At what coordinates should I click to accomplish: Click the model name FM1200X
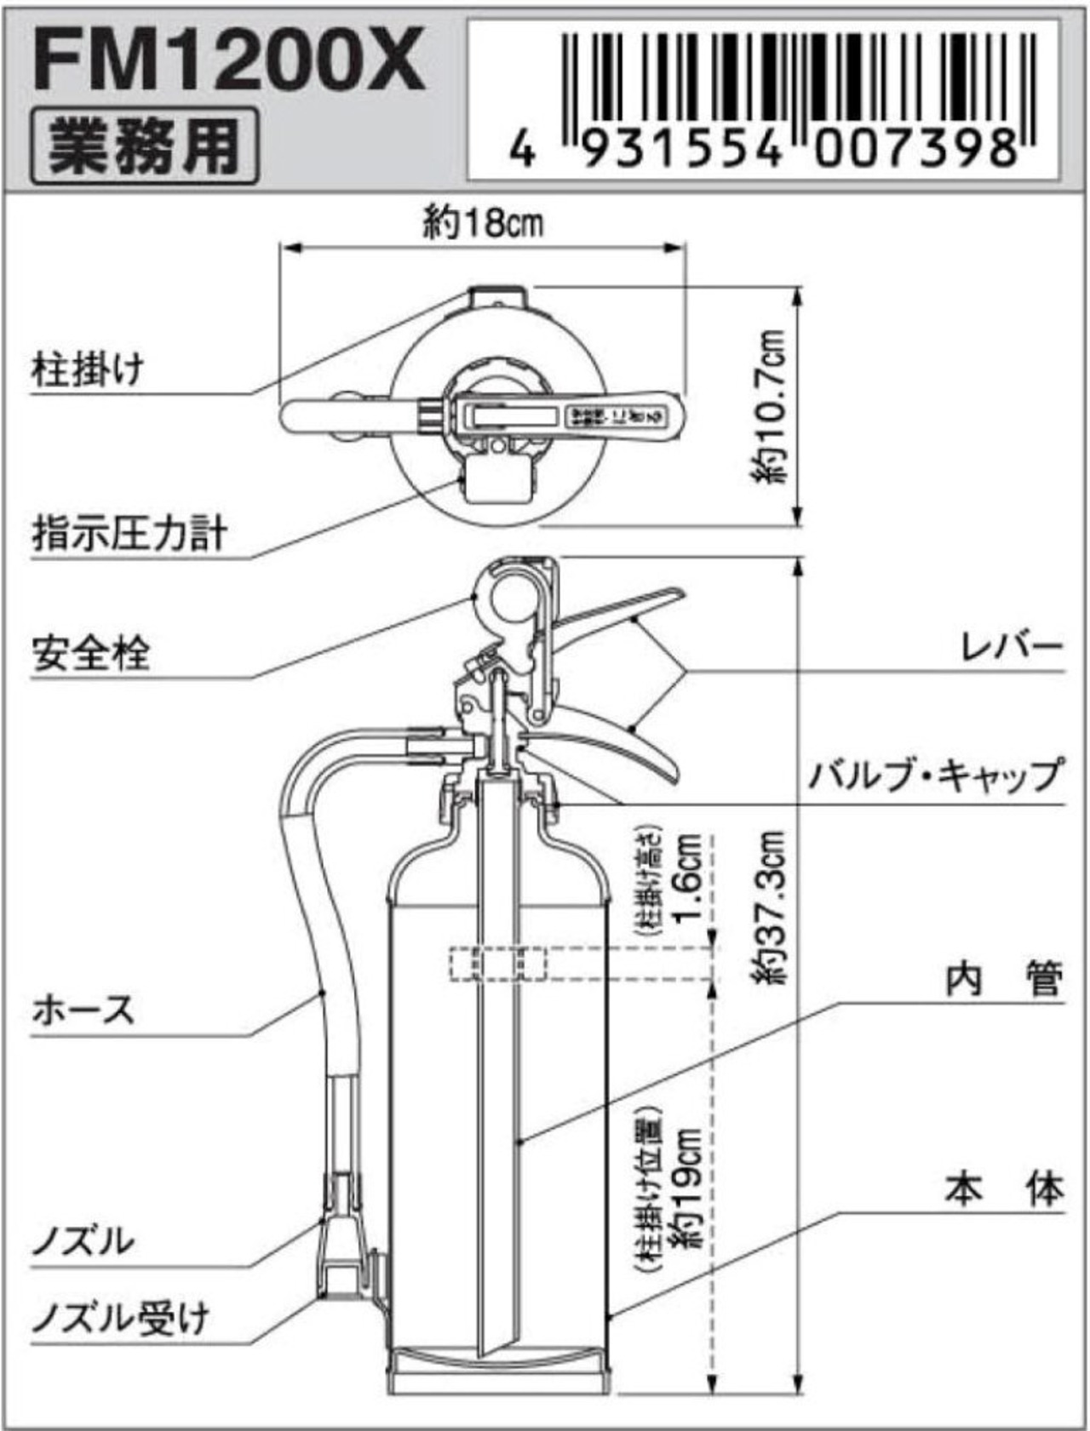[228, 60]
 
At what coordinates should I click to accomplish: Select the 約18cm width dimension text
[483, 223]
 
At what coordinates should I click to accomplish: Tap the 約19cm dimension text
[685, 1188]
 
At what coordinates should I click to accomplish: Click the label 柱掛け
[88, 370]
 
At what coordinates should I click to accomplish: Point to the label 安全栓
[90, 653]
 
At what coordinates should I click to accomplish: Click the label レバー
[1011, 647]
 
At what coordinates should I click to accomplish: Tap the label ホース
[83, 1011]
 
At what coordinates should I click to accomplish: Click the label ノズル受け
[120, 1319]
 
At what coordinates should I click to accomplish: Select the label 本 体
[1003, 1188]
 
